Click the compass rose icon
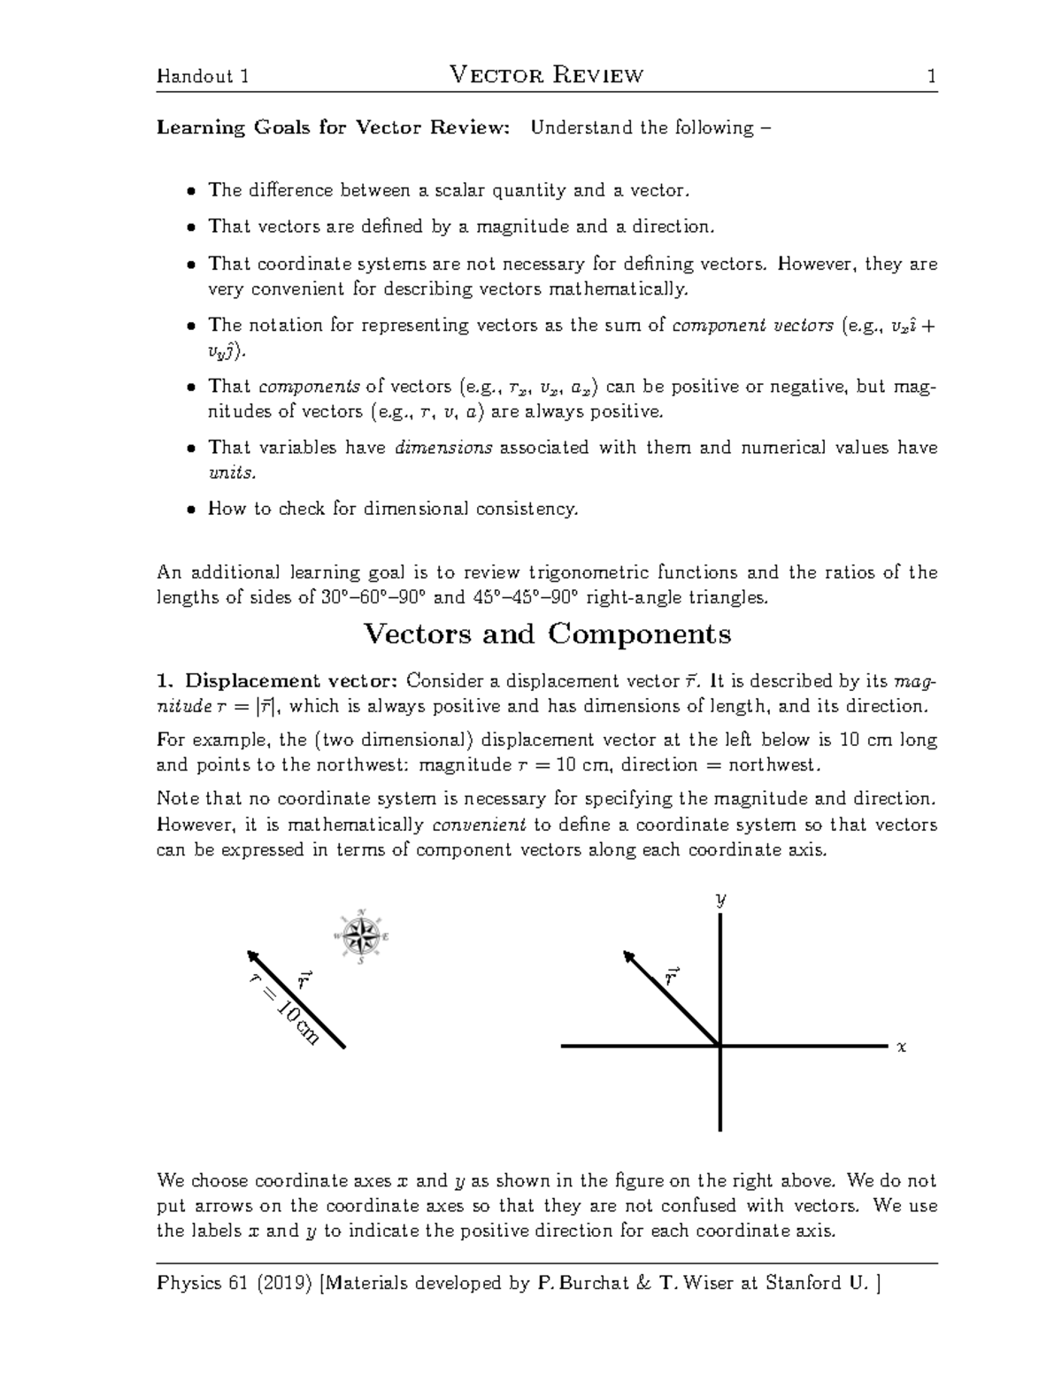click(361, 936)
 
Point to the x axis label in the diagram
click(902, 1047)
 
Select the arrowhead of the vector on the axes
click(629, 957)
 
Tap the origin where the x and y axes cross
click(721, 1046)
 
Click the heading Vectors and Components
click(547, 633)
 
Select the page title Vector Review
click(547, 76)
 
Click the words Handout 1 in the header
click(202, 77)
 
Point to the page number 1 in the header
click(931, 77)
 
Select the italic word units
click(230, 472)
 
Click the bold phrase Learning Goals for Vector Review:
click(334, 127)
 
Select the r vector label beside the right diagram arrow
click(672, 976)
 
